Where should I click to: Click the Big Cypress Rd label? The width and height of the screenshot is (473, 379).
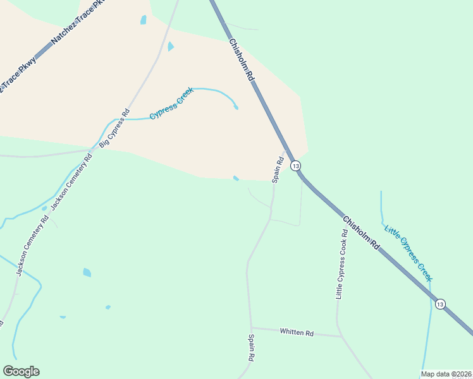[114, 131]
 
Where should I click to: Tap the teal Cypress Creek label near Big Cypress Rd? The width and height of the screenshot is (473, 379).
[171, 105]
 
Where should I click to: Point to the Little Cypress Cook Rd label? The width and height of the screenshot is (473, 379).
[342, 263]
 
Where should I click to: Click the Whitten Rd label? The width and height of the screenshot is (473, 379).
[297, 332]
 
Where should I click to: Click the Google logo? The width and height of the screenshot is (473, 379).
[21, 371]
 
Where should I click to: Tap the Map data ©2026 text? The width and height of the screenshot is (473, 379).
[446, 374]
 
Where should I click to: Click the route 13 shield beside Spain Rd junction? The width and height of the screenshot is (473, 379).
[295, 165]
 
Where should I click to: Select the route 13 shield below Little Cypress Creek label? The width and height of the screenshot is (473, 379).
[440, 304]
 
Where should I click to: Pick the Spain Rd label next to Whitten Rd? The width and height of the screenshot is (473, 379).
[251, 348]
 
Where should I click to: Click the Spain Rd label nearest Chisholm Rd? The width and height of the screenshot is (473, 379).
[277, 170]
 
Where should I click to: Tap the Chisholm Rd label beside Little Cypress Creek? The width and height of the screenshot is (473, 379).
[361, 232]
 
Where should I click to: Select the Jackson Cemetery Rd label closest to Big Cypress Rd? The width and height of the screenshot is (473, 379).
[71, 181]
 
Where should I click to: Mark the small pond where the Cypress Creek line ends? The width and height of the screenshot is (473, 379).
[236, 107]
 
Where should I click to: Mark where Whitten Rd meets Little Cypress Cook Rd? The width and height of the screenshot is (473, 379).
[341, 336]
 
